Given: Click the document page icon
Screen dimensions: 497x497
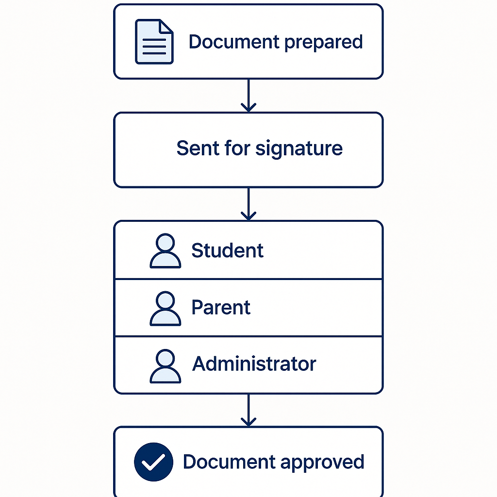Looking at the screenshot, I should coord(154,42).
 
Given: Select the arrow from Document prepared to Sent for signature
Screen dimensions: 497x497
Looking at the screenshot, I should coord(248,95).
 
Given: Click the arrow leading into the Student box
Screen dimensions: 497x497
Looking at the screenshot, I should coord(248,204).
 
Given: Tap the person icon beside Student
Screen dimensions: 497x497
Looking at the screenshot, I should coord(166,251).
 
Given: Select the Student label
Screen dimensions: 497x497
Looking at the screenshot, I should coord(227,250).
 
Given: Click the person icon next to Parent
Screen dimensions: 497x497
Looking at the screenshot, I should coord(166,308).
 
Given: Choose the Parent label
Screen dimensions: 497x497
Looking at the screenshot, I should coord(221,308).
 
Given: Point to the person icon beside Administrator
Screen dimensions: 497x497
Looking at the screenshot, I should coord(166,366).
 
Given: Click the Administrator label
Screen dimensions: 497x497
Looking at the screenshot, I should coord(254,364).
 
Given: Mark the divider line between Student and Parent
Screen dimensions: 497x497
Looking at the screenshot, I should coord(248,279).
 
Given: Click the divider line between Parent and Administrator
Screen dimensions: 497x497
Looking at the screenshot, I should coord(248,336).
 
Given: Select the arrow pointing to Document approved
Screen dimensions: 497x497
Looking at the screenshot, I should coord(248,410).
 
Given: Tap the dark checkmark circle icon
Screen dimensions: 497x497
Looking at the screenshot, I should coord(153,462).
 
